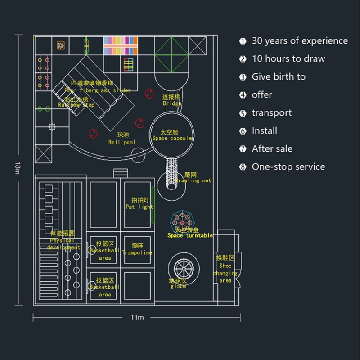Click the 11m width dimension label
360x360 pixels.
[x=137, y=317]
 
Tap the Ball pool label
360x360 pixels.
[x=122, y=139]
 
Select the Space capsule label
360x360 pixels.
[x=172, y=135]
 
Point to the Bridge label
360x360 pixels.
[x=172, y=100]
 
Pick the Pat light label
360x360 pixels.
[x=139, y=203]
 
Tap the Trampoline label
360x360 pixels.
[x=138, y=249]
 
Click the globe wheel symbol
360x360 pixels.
[x=183, y=269]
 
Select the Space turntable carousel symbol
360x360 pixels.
[x=183, y=220]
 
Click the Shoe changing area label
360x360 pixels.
[x=225, y=269]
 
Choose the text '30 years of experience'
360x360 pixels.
[x=300, y=41]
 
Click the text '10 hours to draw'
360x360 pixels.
[x=288, y=59]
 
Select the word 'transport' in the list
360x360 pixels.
[x=271, y=113]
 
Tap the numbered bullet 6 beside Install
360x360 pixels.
[x=243, y=131]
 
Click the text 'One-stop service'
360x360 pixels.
[x=288, y=167]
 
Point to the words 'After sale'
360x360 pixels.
[x=272, y=149]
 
